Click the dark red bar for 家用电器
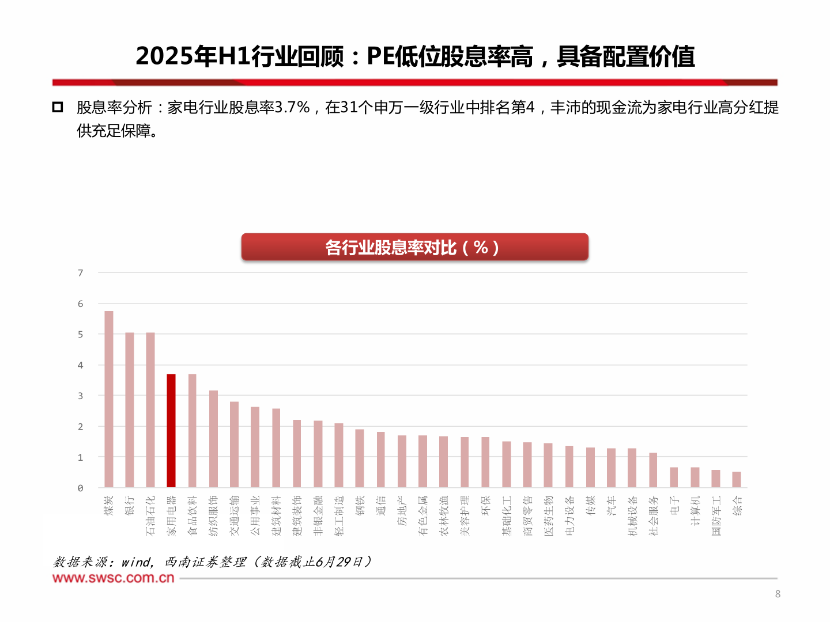[171, 431]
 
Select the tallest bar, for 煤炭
[109, 399]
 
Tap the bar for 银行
[130, 410]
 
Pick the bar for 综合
[737, 480]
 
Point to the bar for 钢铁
[360, 458]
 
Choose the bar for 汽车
[611, 468]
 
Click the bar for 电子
[674, 477]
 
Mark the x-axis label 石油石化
[150, 515]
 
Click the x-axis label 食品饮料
[193, 515]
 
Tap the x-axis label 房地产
[402, 511]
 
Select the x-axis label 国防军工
[716, 515]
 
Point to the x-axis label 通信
[381, 506]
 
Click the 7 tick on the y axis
[81, 273]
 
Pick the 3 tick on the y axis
[81, 396]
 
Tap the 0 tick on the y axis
[81, 488]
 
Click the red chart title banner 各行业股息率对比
[414, 247]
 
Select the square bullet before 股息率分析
[58, 107]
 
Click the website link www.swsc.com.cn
[114, 578]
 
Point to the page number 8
[778, 594]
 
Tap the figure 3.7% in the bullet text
[292, 108]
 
